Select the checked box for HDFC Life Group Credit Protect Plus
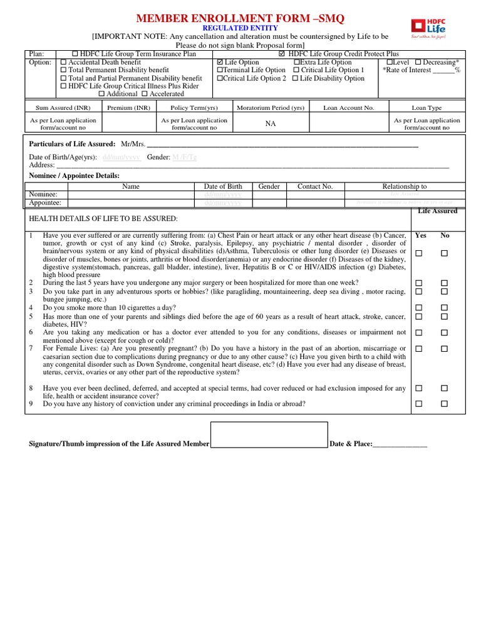pyautogui.click(x=281, y=55)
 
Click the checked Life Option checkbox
pyautogui.click(x=220, y=63)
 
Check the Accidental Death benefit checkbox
pyautogui.click(x=63, y=63)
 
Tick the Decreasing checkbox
pyautogui.click(x=418, y=63)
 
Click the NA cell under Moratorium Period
pyautogui.click(x=271, y=124)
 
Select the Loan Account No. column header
pyautogui.click(x=348, y=108)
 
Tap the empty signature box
pyautogui.click(x=269, y=435)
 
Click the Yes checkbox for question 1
pyautogui.click(x=419, y=253)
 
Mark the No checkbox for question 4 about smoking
pyautogui.click(x=444, y=308)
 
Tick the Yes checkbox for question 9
pyautogui.click(x=419, y=404)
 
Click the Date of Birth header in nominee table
pyautogui.click(x=223, y=186)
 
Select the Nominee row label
pyautogui.click(x=43, y=194)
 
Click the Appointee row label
pyautogui.click(x=45, y=203)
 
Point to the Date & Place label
pyautogui.click(x=351, y=444)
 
